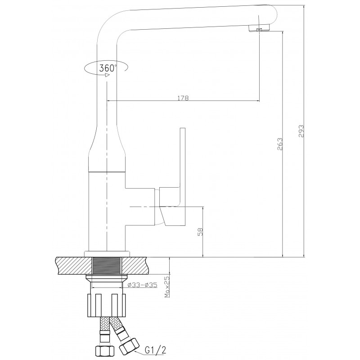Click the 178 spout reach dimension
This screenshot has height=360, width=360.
183,98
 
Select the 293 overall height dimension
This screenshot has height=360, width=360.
301,131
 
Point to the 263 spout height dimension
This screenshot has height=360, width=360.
280,144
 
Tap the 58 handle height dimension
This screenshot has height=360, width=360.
200,232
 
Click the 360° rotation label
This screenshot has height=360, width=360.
108,68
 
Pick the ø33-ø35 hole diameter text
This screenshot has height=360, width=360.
142,285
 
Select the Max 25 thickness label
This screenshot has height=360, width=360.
167,287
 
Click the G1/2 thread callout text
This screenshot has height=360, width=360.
155,350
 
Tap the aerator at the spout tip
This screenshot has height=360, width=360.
259,28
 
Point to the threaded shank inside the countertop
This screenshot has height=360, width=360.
107,266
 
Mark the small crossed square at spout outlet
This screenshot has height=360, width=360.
260,30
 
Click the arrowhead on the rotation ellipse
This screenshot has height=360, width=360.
107,75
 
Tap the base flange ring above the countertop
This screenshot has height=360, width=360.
107,254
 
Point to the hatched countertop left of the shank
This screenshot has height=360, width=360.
73,266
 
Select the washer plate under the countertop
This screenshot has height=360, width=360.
107,277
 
